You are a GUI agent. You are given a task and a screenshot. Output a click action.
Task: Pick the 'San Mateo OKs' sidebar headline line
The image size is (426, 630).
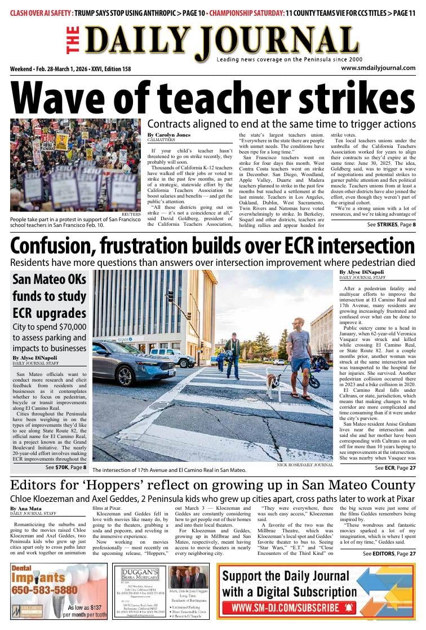pos(49,279)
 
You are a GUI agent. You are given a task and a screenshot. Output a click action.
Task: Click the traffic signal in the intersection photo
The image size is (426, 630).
pos(170,296)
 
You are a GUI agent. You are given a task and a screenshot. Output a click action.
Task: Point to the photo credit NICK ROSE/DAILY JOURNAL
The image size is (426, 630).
pos(305,465)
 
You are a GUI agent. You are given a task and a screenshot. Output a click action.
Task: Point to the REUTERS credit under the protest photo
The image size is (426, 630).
pos(130,215)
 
